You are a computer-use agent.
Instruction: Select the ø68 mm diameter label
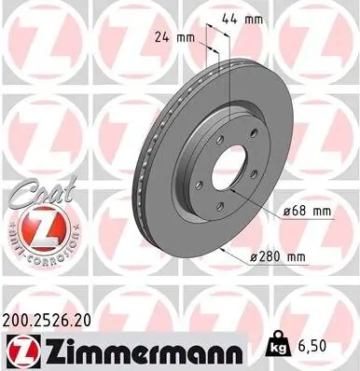pos(308,212)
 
